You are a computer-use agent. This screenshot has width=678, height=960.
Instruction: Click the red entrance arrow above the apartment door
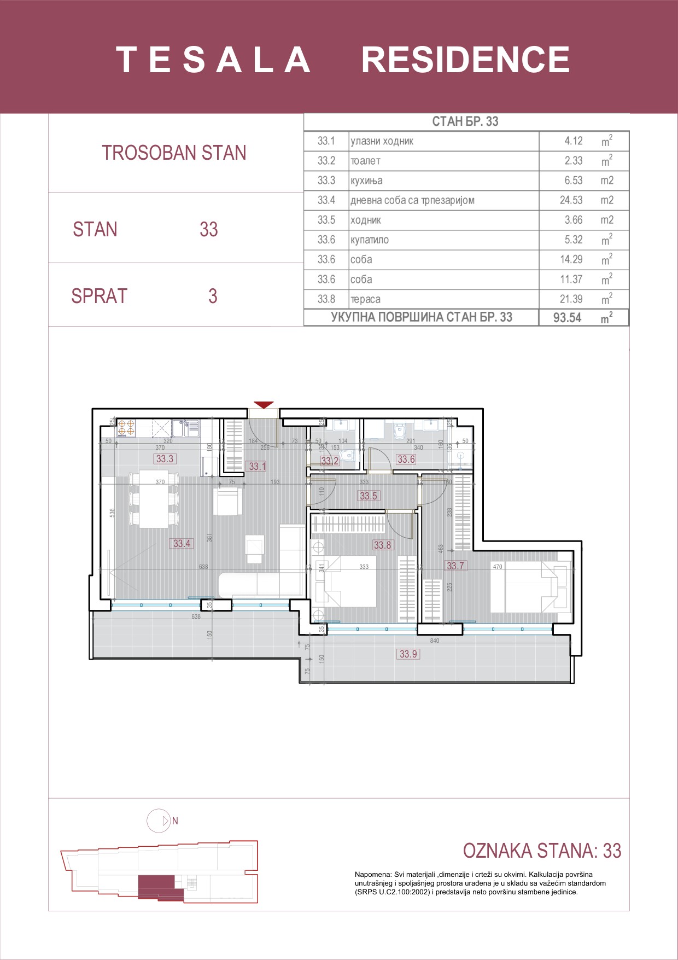click(x=264, y=405)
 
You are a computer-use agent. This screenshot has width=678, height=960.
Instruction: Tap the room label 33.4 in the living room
click(x=182, y=543)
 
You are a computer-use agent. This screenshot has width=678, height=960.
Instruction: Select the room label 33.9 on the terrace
click(x=408, y=654)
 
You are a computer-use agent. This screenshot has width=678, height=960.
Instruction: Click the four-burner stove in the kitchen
click(x=126, y=428)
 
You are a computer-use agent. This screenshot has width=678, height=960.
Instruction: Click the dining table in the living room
click(x=154, y=498)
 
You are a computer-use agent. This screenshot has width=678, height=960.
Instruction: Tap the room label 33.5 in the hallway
click(x=368, y=496)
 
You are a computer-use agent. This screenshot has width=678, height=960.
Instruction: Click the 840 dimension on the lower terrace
click(x=434, y=641)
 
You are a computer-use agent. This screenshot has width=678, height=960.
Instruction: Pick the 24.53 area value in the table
click(x=571, y=200)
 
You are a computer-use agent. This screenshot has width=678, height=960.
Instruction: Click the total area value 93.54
click(x=567, y=318)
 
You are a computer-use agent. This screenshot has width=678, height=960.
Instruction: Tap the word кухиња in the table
click(x=366, y=181)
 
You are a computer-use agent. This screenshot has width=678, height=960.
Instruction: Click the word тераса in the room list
click(x=365, y=299)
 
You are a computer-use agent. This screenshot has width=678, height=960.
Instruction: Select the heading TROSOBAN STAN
click(x=174, y=153)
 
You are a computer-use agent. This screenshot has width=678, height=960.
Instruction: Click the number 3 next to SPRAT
click(x=213, y=296)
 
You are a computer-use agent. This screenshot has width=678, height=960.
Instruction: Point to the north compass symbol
click(x=160, y=821)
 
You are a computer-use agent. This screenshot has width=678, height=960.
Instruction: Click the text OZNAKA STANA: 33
click(x=542, y=851)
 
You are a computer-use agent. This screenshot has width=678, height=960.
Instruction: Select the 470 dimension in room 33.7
click(x=497, y=567)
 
